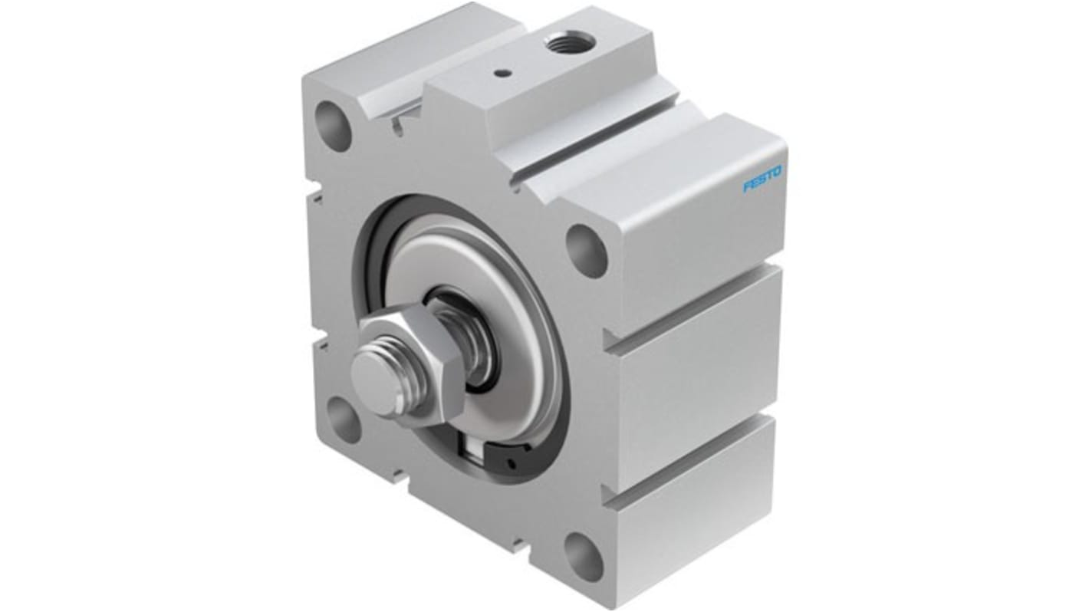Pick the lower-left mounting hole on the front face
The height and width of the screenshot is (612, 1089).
(x=343, y=419)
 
